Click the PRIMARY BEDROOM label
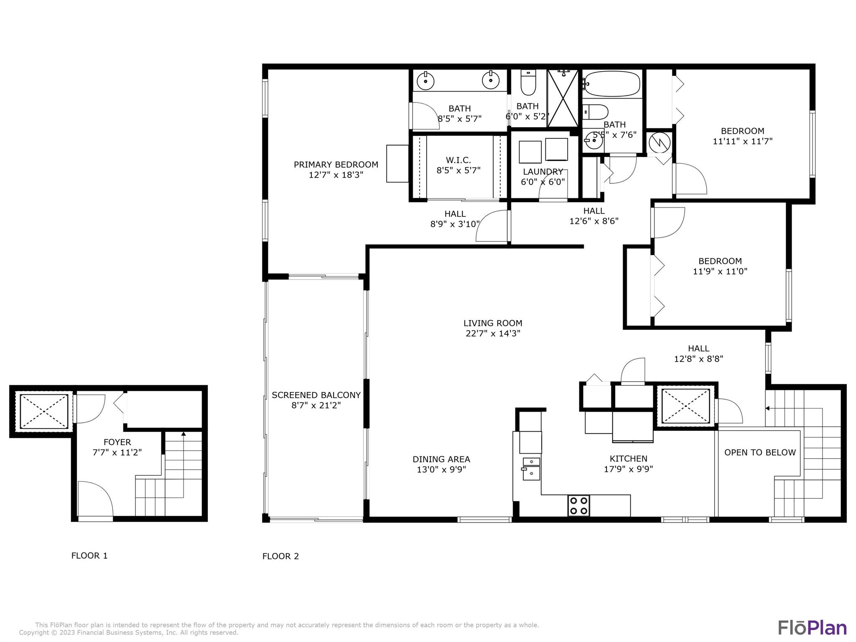(x=336, y=165)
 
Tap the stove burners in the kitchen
(x=579, y=506)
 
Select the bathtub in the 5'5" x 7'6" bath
(x=612, y=84)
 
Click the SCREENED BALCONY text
(x=316, y=395)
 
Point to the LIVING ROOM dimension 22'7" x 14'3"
(x=493, y=334)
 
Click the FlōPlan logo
(x=812, y=628)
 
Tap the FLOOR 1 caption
(x=89, y=555)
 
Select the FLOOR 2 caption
(x=280, y=556)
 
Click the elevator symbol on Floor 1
(x=44, y=411)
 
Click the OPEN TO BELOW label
(x=759, y=452)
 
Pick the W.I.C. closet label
(x=458, y=160)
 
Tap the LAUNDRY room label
(x=543, y=172)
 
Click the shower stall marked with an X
(x=563, y=98)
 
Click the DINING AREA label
(x=441, y=459)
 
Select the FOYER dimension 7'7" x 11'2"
(x=117, y=452)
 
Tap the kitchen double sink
(x=531, y=468)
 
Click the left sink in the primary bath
(x=425, y=80)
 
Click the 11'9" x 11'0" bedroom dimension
(x=720, y=271)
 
